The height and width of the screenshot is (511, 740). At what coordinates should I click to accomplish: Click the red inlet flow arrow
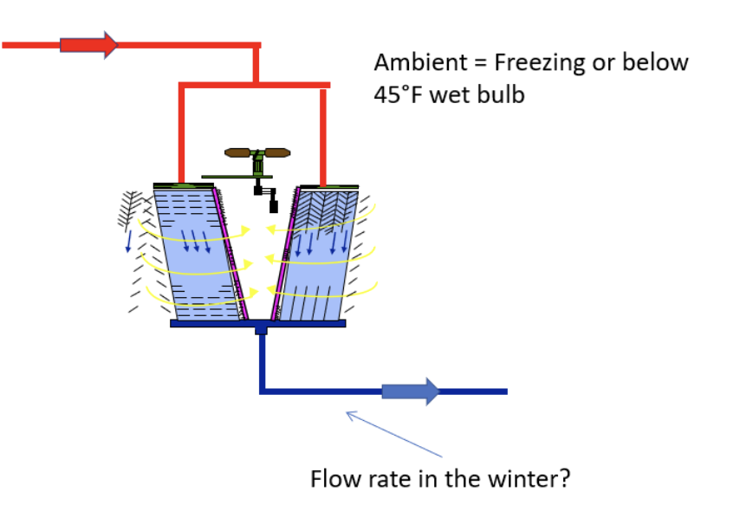click(88, 45)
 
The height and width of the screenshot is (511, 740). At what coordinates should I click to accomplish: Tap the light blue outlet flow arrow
click(410, 391)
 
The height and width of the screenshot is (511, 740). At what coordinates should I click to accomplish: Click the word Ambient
click(421, 62)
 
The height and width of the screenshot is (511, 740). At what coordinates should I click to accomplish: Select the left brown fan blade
click(237, 153)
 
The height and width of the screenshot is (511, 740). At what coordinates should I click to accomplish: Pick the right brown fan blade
click(277, 153)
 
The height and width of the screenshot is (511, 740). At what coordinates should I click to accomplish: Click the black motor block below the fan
click(273, 206)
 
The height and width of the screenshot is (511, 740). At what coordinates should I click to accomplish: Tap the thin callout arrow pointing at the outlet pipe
click(394, 434)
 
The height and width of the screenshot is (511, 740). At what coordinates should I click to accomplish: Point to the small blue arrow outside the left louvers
click(128, 241)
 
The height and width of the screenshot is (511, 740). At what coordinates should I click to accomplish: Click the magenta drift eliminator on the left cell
click(230, 254)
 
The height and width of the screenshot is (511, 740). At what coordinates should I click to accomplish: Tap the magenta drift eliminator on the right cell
click(285, 254)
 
